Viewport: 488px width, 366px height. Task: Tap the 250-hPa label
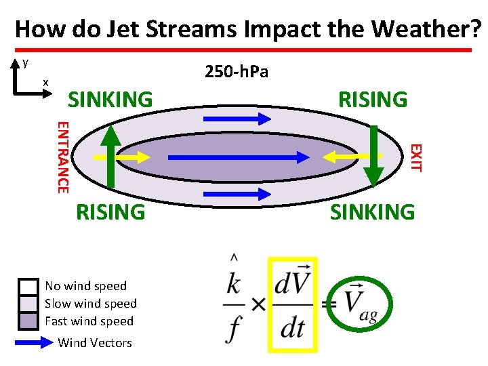pyautogui.click(x=236, y=71)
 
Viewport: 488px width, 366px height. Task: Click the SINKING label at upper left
pyautogui.click(x=110, y=100)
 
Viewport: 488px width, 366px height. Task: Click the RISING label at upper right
pyautogui.click(x=373, y=100)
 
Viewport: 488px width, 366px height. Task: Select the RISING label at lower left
pyautogui.click(x=110, y=211)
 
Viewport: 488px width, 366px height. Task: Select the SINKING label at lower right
pyautogui.click(x=372, y=211)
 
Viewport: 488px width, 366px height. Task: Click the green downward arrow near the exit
pyautogui.click(x=373, y=157)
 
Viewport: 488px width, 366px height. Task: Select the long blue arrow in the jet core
pyautogui.click(x=237, y=157)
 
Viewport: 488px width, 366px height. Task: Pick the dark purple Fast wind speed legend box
pyautogui.click(x=28, y=320)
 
